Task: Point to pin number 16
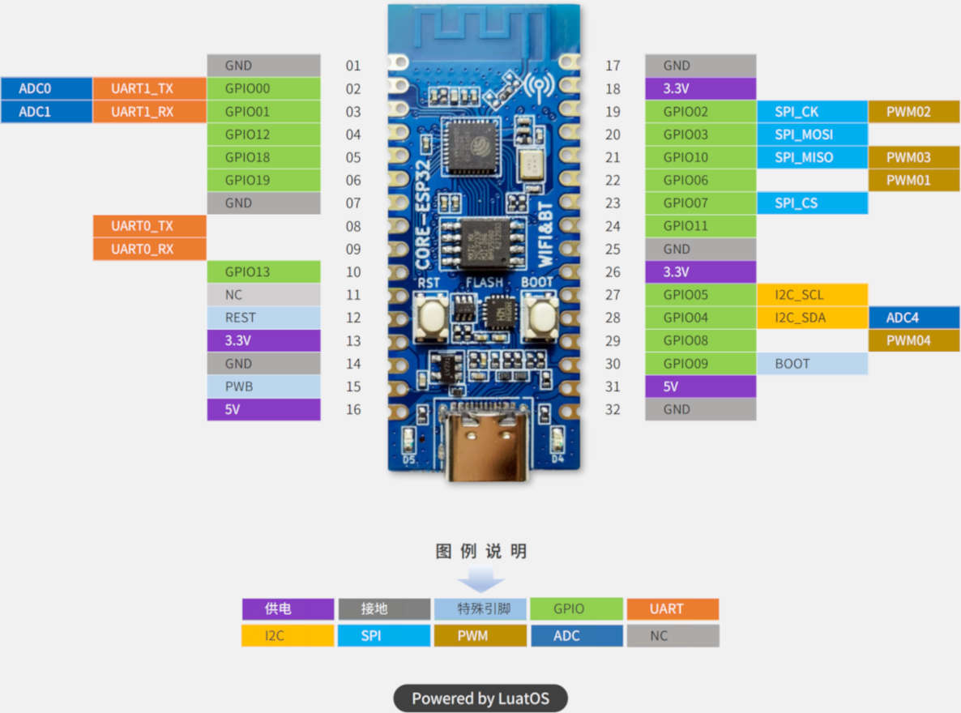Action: click(353, 409)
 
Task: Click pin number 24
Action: click(613, 226)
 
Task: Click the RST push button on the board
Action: click(430, 317)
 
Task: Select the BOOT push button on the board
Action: click(536, 317)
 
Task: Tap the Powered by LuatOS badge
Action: click(480, 698)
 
